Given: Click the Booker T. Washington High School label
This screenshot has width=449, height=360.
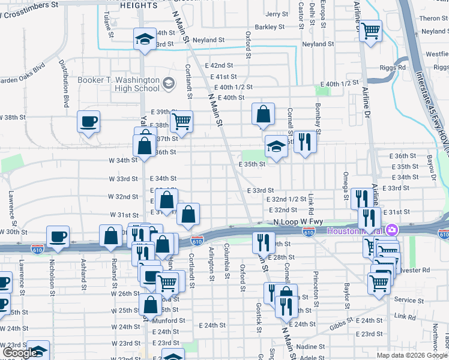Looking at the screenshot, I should point(118,84).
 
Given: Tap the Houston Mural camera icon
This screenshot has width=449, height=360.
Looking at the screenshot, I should point(391,230).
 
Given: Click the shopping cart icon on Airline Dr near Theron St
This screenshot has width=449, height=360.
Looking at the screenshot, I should point(371,29).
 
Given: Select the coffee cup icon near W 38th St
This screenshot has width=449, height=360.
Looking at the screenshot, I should point(89,122).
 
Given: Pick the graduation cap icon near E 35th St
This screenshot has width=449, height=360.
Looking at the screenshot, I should point(276,146).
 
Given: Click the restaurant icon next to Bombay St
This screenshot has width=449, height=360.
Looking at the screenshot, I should point(305,142).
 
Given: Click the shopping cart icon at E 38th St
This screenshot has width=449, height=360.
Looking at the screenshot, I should point(181,121).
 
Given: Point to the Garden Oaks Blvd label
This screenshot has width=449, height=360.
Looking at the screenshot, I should point(22,67).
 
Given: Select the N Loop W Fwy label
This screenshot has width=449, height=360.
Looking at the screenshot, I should point(294,221).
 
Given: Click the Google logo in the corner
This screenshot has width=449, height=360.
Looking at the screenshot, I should point(20,353).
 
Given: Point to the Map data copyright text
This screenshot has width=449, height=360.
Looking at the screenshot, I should point(411,355).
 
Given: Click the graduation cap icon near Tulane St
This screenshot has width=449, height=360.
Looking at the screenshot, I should point(144,39).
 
